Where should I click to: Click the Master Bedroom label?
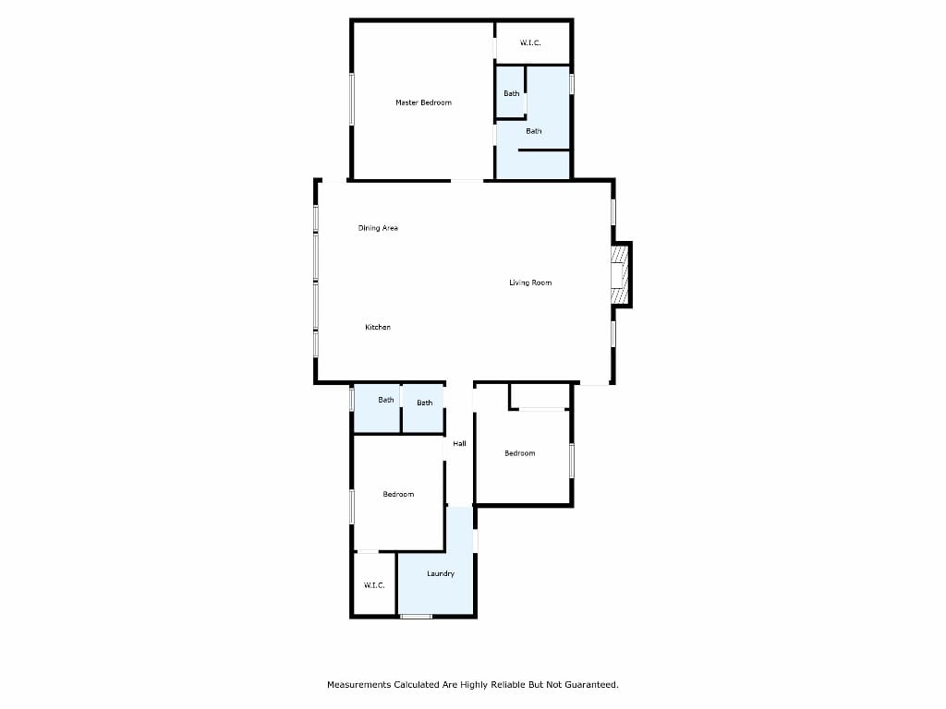423,102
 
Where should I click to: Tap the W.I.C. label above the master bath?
530,42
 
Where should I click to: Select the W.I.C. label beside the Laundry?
374,585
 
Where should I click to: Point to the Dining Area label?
378,228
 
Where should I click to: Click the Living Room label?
530,282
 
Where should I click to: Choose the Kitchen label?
378,327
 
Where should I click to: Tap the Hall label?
459,444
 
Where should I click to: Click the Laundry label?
441,573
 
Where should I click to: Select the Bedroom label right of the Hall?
519,453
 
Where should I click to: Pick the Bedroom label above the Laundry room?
398,495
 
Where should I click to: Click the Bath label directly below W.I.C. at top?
512,93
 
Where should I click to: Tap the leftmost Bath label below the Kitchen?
386,400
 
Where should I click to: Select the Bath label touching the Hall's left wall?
425,403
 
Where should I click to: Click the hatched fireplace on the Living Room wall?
620,275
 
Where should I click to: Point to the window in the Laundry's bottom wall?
417,616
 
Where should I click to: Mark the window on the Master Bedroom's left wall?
352,100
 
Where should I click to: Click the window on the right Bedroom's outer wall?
572,462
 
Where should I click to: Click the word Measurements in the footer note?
359,685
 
